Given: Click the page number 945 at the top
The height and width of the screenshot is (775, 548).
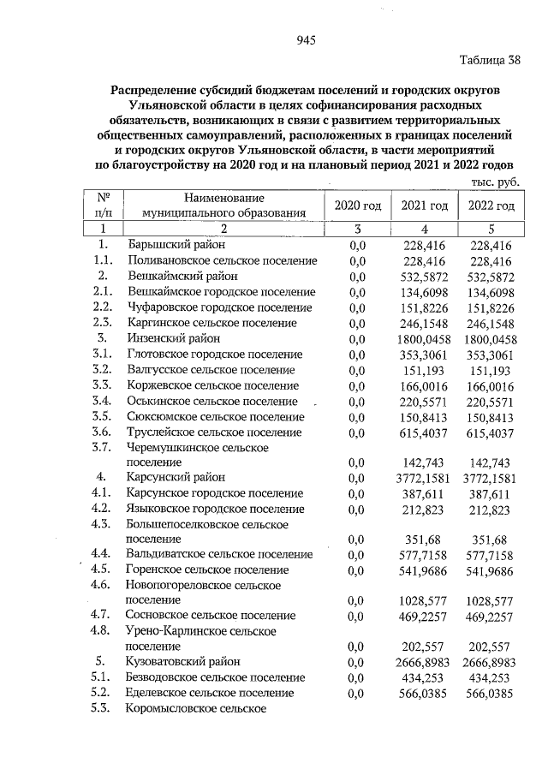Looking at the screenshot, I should coord(306,40).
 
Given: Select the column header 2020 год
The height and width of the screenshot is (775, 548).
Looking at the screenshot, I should coord(357,206).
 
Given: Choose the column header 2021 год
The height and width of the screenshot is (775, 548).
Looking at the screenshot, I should coord(425,206).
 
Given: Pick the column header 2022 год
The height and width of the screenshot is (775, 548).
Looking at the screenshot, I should coord(491,206).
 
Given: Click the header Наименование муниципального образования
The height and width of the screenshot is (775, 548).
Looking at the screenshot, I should coord(224,206).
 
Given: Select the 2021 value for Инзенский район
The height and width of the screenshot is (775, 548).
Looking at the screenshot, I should coord(426,338).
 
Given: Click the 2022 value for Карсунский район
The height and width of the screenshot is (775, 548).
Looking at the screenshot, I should coord(491,478).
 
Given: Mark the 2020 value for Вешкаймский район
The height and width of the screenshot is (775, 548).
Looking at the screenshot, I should coord(358,277).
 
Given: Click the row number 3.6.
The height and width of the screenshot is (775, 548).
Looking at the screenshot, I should coord(102,432).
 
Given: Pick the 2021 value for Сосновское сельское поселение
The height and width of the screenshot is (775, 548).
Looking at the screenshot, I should coord(426,616).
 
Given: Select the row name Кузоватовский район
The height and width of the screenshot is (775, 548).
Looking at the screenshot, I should coord(183,662).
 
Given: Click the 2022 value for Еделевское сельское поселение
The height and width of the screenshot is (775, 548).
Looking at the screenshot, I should coord(491,693).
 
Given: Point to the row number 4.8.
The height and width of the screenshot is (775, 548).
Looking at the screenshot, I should coord(102,631).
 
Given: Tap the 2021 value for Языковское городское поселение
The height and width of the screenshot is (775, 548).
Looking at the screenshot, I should coord(426,509).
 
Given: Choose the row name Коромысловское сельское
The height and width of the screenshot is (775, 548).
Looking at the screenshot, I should coord(196,708).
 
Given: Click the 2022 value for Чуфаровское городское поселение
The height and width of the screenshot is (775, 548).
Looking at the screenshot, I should coord(491,307).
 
